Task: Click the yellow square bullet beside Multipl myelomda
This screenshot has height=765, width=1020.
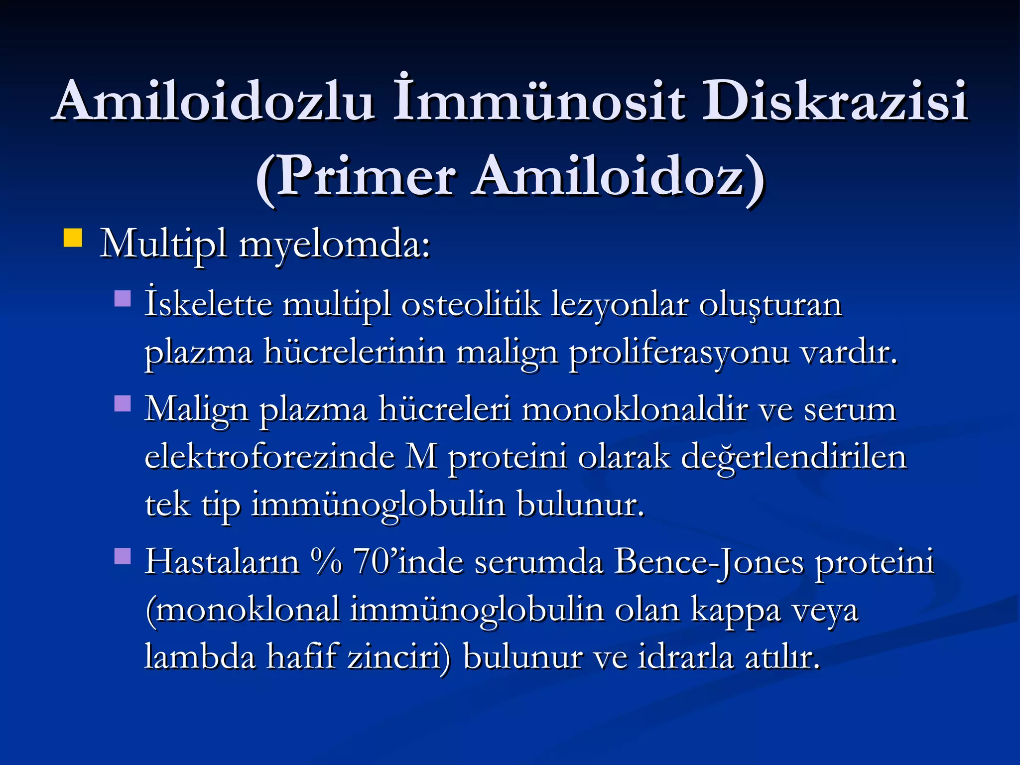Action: click(73, 238)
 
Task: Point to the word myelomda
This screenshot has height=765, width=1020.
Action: click(334, 245)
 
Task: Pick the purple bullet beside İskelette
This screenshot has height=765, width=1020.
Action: click(123, 299)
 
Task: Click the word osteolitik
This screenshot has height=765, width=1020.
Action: click(471, 304)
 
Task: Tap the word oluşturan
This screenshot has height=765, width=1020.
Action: click(770, 304)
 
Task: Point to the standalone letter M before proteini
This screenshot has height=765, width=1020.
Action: click(421, 457)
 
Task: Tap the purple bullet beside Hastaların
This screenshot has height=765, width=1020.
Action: click(123, 556)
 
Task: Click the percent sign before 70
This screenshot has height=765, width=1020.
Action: click(327, 562)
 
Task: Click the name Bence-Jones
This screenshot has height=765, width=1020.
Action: click(708, 562)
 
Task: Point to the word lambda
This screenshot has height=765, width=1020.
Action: click(200, 656)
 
